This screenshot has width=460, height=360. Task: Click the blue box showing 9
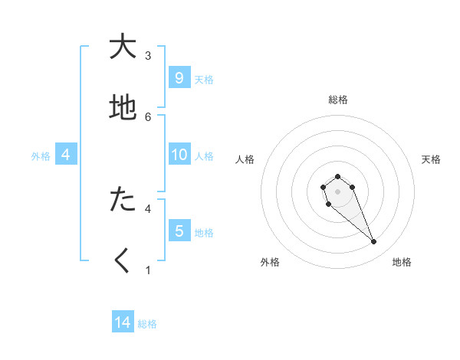tap(179, 78)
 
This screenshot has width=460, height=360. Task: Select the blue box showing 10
tap(179, 155)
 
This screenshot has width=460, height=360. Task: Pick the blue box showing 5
tap(179, 231)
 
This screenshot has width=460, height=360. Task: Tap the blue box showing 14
tap(123, 323)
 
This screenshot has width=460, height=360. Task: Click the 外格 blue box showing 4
tap(66, 155)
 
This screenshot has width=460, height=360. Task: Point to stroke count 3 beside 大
tap(148, 56)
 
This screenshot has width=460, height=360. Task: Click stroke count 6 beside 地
tap(148, 117)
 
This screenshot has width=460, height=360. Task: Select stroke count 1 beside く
tap(148, 270)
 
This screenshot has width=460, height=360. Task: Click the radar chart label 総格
tap(338, 100)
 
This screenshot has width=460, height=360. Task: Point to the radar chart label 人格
tap(245, 159)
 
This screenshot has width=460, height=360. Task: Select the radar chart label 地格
tap(402, 262)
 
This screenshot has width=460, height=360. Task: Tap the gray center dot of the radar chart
tap(337, 191)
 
